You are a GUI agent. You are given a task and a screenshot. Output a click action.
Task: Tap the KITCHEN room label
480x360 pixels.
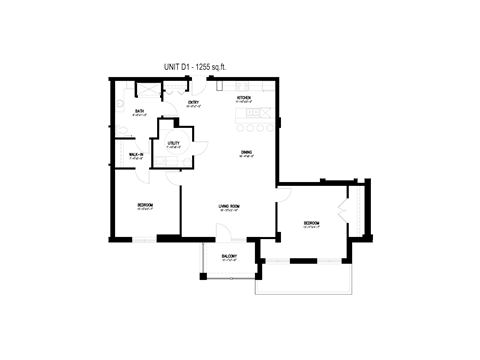tap(243, 98)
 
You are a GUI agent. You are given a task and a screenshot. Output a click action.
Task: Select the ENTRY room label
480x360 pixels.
tap(194, 102)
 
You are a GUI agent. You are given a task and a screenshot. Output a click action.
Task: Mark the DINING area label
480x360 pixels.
tap(246, 153)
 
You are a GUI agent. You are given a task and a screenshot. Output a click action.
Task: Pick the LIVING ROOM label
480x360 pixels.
tap(231, 207)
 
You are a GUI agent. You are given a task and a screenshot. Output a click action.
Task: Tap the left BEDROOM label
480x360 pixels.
tap(144, 206)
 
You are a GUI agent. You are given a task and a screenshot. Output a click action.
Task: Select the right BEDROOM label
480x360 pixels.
tap(311, 224)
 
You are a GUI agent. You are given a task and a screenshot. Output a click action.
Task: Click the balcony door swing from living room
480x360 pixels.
tap(225, 233)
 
